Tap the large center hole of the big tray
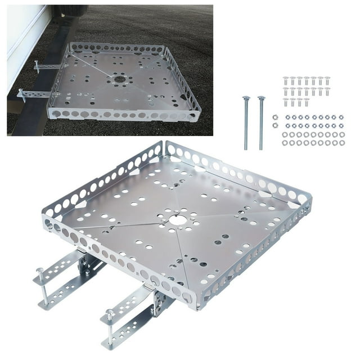(178, 219)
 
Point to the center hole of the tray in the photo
(119, 79)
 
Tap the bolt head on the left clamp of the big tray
(40, 272)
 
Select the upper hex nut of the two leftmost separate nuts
(275, 118)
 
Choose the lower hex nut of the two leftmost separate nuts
(275, 125)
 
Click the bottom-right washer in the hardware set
(342, 143)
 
